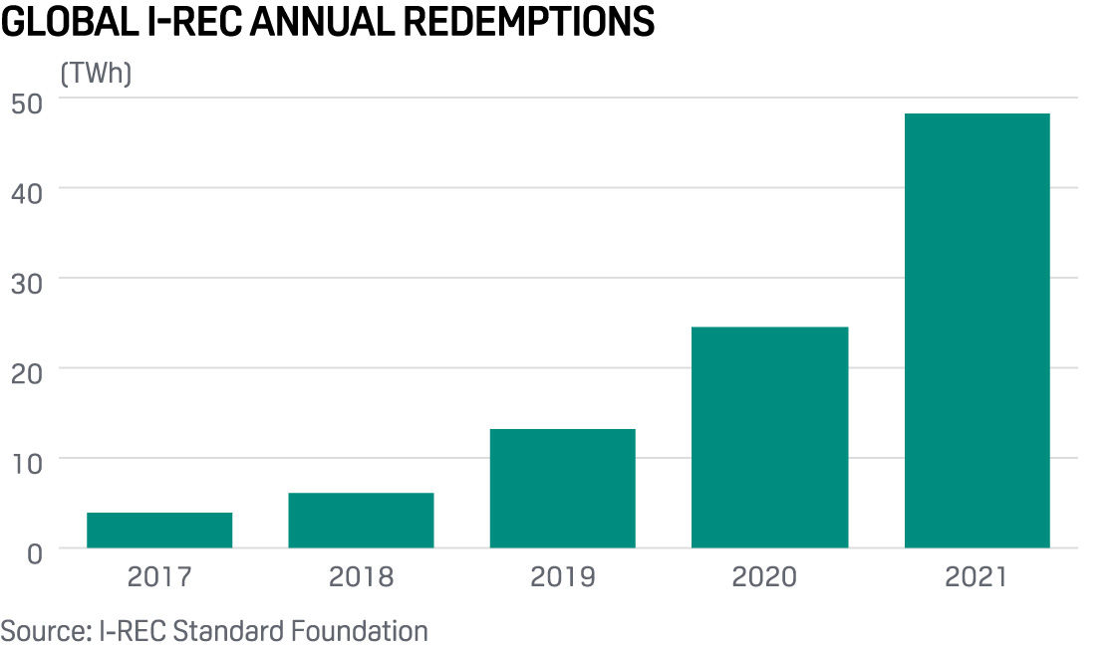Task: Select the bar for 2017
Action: point(159,530)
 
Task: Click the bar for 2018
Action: point(361,520)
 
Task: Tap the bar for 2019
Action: point(562,488)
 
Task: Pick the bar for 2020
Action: point(769,437)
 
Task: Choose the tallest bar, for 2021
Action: point(977,330)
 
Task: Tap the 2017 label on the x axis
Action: point(159,577)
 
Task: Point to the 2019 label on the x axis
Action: point(562,577)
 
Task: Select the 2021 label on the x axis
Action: point(977,577)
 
